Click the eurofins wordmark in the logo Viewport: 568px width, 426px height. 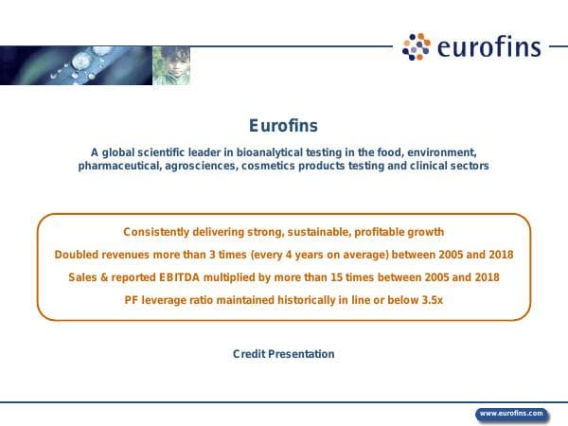(x=488, y=46)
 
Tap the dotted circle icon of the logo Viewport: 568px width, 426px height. (x=417, y=46)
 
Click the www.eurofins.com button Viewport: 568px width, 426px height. (x=511, y=413)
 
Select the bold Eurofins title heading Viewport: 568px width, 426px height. (x=283, y=126)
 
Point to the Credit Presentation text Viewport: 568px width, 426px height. (x=284, y=354)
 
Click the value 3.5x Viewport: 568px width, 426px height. (x=431, y=299)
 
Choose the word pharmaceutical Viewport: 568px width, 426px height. (x=118, y=166)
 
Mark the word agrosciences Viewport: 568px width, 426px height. (x=202, y=166)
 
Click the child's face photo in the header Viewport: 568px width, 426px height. (x=170, y=65)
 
